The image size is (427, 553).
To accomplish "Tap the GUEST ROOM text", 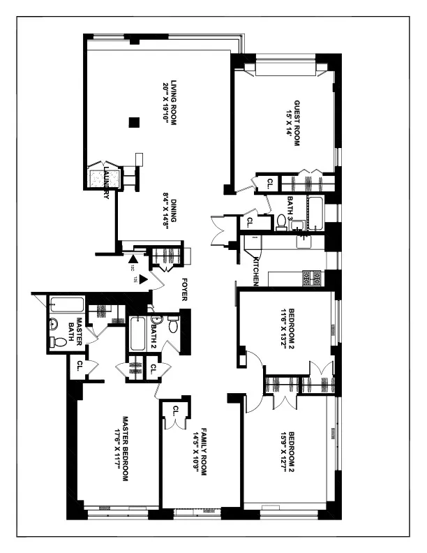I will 296,120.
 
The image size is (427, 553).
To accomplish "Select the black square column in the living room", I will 135,123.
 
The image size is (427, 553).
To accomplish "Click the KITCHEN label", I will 256,271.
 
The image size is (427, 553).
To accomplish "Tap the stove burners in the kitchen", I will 312,279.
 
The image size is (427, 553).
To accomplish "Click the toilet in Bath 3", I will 282,221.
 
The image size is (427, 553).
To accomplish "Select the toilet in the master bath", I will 59,342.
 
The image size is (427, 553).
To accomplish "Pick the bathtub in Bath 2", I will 137,334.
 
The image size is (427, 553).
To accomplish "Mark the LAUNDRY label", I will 106,183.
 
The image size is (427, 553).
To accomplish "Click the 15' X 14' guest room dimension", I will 286,120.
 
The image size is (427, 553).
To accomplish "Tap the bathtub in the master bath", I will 67,305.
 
